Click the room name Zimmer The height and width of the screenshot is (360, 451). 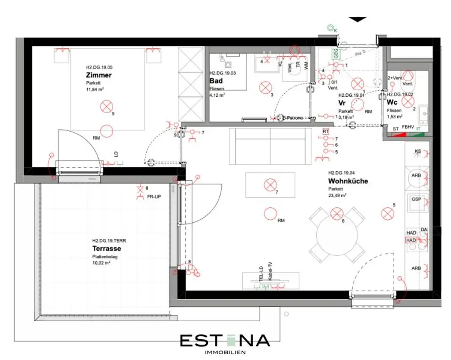point(99,75)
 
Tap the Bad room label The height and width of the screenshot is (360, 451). point(216,81)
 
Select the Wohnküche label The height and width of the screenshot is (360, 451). point(347,181)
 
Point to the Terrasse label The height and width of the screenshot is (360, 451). point(107,249)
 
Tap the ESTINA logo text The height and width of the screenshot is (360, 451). point(225,340)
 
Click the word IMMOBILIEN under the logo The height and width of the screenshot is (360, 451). point(225,352)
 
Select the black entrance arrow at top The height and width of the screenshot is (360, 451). point(357,19)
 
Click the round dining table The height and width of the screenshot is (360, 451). point(336,234)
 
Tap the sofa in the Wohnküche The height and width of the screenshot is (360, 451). point(270,145)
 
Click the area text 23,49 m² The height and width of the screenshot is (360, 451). point(337,195)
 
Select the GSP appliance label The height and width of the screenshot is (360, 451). point(416,199)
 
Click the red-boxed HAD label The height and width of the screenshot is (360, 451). point(410,240)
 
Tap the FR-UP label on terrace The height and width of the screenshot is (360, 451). point(154,196)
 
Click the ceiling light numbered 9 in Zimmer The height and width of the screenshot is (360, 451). point(107,106)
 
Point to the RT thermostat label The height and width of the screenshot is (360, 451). point(325,131)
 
